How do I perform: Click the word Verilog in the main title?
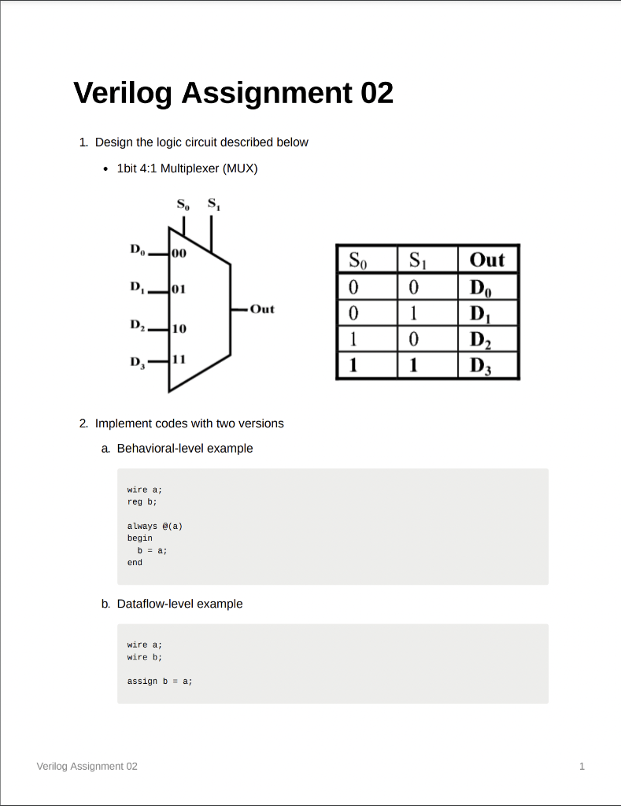124,94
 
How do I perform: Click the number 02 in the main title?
377,94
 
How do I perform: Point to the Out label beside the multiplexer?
262,309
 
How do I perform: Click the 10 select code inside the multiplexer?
179,326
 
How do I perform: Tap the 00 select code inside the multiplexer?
179,254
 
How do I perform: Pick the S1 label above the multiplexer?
213,204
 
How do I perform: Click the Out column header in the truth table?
487,260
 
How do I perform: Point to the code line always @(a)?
155,526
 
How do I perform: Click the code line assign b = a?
160,681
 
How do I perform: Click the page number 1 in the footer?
582,766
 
